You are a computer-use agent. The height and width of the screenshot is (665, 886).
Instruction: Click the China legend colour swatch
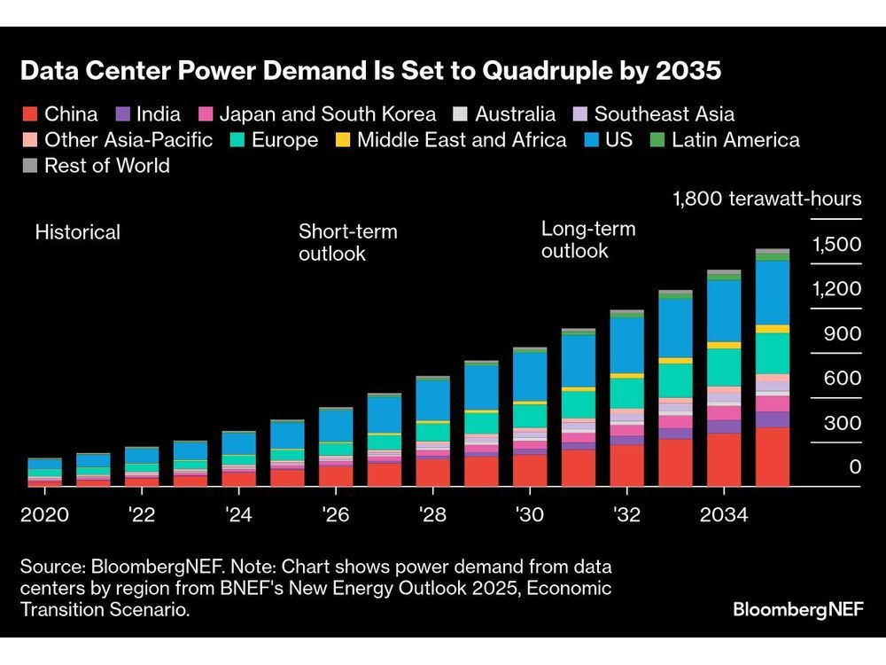coord(29,114)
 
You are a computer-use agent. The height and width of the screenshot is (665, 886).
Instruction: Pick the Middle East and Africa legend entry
coord(461,140)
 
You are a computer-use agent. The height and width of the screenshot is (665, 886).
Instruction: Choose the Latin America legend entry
coord(735,140)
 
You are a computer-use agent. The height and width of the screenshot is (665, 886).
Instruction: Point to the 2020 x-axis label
coord(45,514)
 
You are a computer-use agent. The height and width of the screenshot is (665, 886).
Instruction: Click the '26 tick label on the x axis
coord(335,514)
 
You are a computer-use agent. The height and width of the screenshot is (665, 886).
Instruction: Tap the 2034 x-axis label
coord(723,514)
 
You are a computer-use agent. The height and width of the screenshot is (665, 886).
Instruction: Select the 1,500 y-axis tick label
coord(836,245)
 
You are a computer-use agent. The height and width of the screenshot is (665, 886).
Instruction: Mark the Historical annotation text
coord(78,232)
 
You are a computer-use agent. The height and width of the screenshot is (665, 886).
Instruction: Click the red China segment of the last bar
coord(773,457)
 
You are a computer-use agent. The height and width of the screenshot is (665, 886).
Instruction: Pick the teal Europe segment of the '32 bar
coord(627,393)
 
